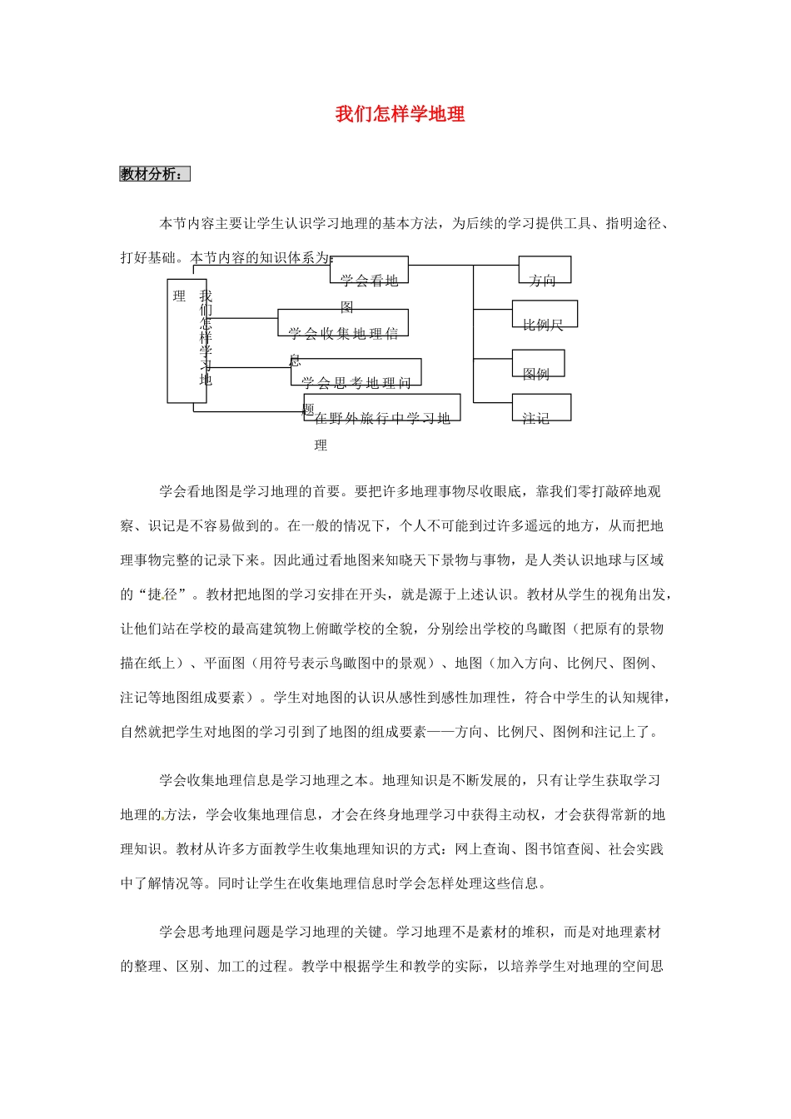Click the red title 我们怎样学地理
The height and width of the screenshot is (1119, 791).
tap(400, 114)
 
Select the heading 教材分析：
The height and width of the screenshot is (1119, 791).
tap(155, 174)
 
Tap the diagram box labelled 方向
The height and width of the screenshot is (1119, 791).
tap(545, 271)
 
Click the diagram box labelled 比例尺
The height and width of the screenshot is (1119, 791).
tap(545, 314)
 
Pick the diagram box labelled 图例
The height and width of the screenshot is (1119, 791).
tap(538, 364)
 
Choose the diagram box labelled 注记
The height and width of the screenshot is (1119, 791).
tap(541, 407)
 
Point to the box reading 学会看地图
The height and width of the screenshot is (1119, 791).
tap(370, 271)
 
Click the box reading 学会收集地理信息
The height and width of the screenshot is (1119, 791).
tap(343, 323)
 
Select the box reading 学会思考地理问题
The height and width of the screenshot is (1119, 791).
tap(356, 372)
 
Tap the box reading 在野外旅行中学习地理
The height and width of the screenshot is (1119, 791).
tap(382, 408)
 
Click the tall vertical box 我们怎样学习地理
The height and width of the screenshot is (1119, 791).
tap(187, 341)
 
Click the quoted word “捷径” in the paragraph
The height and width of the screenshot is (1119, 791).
tap(162, 594)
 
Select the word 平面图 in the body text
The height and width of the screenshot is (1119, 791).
tap(225, 663)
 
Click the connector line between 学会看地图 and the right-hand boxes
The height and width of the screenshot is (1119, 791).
tap(441, 266)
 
